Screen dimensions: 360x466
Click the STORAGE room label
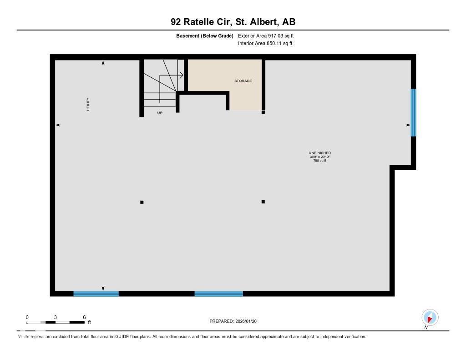pos(243,81)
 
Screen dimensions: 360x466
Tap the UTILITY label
pos(88,104)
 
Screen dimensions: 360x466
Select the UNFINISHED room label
pos(319,153)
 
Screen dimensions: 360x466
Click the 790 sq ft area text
pos(319,160)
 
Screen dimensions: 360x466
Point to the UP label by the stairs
pos(160,113)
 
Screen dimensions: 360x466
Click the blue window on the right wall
pos(413,112)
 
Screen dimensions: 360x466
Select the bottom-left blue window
pos(96,294)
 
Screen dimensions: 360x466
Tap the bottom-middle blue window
pos(219,294)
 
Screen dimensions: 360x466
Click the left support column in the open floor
pos(142,202)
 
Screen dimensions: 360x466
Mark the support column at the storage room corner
pos(263,112)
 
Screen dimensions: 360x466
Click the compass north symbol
pos(430,318)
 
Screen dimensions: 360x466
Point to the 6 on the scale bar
pos(84,317)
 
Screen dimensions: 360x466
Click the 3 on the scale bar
pos(55,317)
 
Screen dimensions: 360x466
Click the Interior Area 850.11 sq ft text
pos(265,44)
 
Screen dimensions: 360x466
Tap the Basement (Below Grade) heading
pos(204,35)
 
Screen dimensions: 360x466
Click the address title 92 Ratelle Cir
pos(233,22)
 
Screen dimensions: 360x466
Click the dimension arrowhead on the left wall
pos(58,125)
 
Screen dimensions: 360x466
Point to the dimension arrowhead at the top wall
pos(103,63)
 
